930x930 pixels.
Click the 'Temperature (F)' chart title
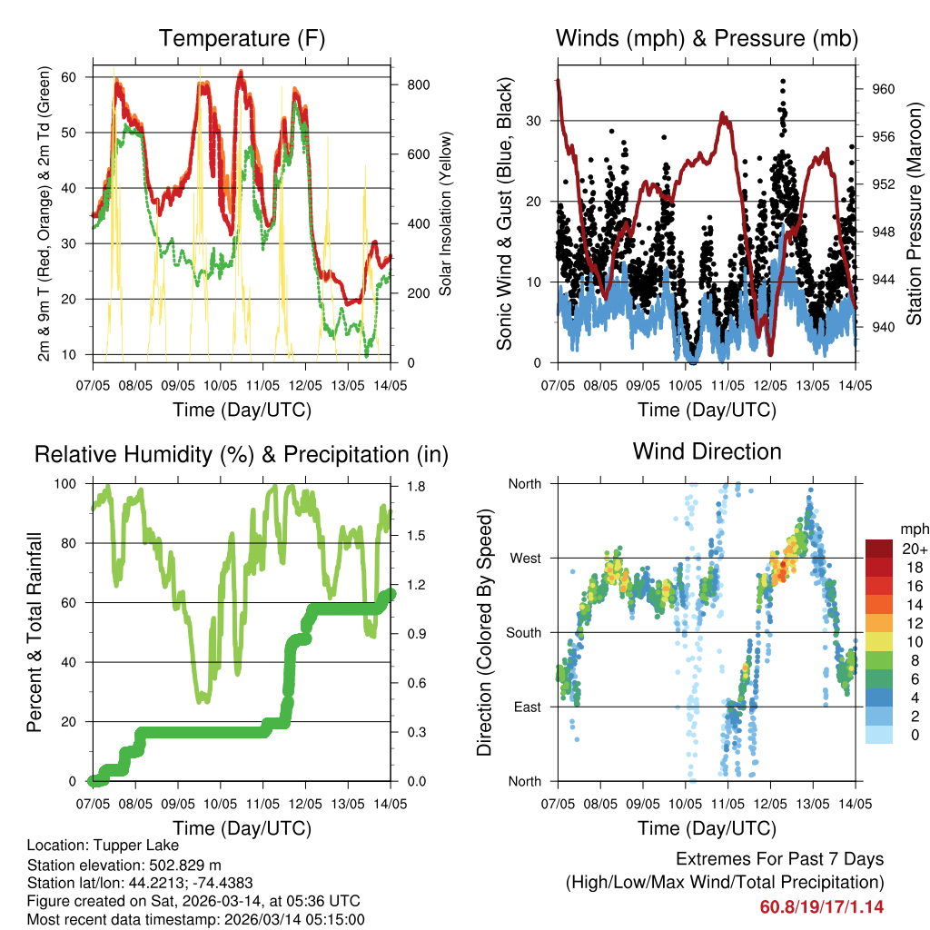pyautogui.click(x=242, y=38)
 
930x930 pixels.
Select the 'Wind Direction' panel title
pyautogui.click(x=707, y=450)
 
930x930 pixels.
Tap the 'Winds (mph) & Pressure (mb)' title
pyautogui.click(x=707, y=38)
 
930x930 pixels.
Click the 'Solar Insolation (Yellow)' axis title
pyautogui.click(x=446, y=213)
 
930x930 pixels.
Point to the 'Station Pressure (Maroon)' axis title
pyautogui.click(x=915, y=213)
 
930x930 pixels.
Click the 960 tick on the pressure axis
pyautogui.click(x=884, y=89)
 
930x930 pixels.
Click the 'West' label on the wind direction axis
pyautogui.click(x=524, y=558)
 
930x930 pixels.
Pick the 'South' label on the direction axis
pyautogui.click(x=522, y=632)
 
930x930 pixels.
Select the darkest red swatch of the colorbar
pyautogui.click(x=878, y=548)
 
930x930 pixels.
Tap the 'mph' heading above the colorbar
pyautogui.click(x=913, y=529)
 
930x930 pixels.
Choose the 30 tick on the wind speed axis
pyautogui.click(x=534, y=121)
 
